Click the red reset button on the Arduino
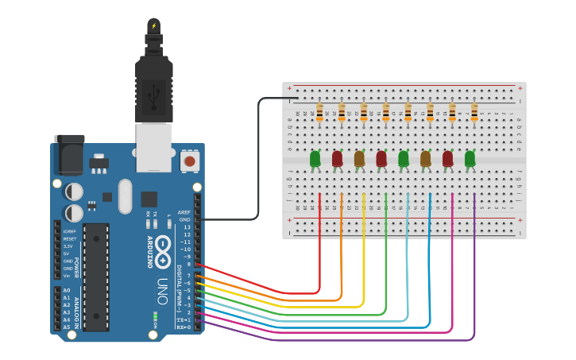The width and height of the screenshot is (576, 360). click(189, 161)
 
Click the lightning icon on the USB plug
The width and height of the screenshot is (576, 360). click(154, 26)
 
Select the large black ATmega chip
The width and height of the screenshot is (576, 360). click(96, 276)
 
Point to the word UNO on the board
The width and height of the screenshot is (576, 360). click(162, 285)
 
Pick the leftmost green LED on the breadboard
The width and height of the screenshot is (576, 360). click(315, 159)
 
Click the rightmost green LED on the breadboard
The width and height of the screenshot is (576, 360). click(470, 159)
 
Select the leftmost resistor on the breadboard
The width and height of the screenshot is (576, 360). click(320, 111)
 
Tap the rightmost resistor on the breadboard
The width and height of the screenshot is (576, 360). click(474, 111)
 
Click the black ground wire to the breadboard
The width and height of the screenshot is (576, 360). click(259, 159)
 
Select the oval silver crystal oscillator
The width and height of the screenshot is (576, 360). click(125, 196)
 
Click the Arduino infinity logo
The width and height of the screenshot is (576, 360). click(163, 252)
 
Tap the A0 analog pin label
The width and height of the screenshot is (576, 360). click(67, 291)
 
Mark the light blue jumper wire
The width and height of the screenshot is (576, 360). click(408, 262)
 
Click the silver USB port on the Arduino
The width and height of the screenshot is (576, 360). click(154, 148)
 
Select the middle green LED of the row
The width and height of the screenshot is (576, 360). click(404, 159)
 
